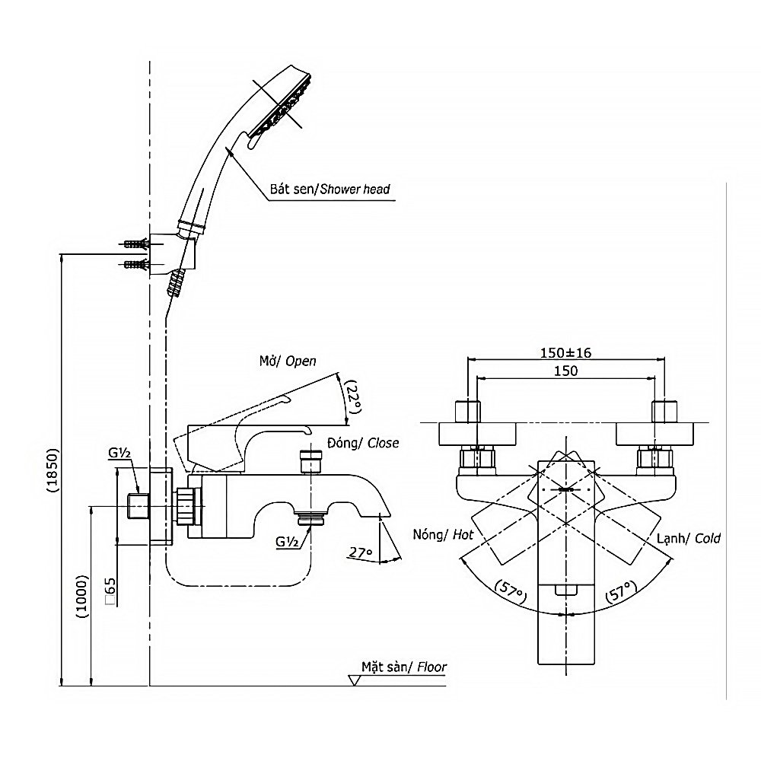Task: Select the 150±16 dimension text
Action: click(565, 352)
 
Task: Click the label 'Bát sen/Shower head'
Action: click(330, 189)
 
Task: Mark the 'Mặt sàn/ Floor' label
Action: click(409, 667)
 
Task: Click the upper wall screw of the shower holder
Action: click(135, 245)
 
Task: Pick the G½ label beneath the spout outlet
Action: click(288, 541)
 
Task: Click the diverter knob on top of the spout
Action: click(310, 461)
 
